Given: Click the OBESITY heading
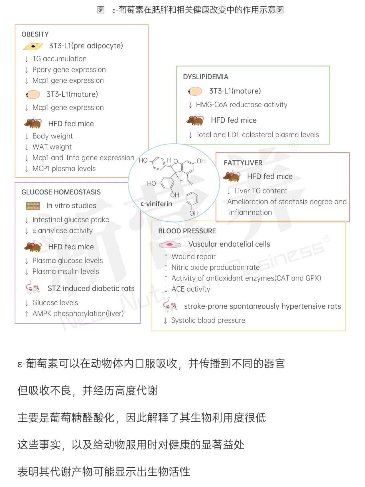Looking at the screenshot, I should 35,34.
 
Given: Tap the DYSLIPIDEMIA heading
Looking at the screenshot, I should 206,77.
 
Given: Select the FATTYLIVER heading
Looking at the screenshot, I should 243,163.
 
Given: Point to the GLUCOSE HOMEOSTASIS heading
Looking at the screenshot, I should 61,192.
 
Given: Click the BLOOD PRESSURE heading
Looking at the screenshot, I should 187,231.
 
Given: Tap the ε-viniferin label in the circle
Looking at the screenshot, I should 157,204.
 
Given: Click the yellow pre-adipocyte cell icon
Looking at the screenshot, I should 33,46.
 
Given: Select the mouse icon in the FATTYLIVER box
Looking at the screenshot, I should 232,176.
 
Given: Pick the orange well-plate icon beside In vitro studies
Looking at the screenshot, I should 33,206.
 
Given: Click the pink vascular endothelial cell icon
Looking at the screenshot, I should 170,244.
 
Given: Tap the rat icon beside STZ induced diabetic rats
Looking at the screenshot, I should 33,288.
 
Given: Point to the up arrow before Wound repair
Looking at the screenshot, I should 166,257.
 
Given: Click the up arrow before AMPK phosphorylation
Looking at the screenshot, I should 27,314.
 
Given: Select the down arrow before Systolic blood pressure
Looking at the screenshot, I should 165,321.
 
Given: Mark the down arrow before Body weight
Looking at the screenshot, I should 27,136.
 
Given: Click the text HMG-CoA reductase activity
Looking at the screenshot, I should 242,105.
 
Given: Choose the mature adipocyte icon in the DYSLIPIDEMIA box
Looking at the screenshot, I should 195,91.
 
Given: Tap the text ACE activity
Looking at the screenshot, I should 191,289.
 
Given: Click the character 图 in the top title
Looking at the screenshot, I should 101,10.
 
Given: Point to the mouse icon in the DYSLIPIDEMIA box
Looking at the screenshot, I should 195,120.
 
